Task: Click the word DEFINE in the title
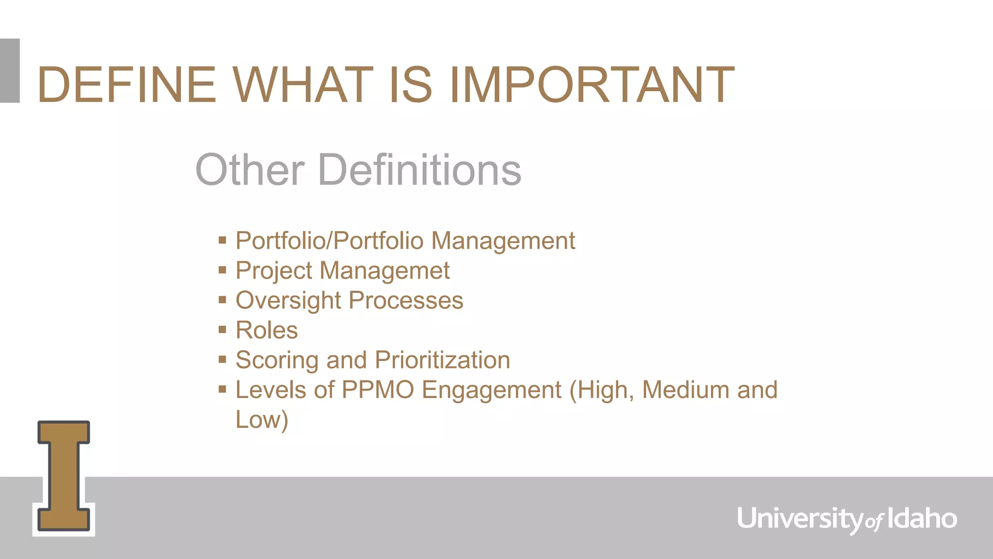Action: (x=127, y=85)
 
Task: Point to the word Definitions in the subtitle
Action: (x=419, y=170)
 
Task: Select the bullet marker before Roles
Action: (x=223, y=330)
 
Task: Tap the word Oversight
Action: (x=288, y=300)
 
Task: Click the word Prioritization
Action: (x=442, y=360)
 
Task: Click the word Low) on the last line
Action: (x=262, y=420)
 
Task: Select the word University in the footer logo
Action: (x=800, y=519)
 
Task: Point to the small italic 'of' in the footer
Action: (x=875, y=522)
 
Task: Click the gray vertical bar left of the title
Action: (x=10, y=71)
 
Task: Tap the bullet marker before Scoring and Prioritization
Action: (x=223, y=360)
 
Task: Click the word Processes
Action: (x=406, y=300)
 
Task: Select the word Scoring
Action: (x=277, y=361)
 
